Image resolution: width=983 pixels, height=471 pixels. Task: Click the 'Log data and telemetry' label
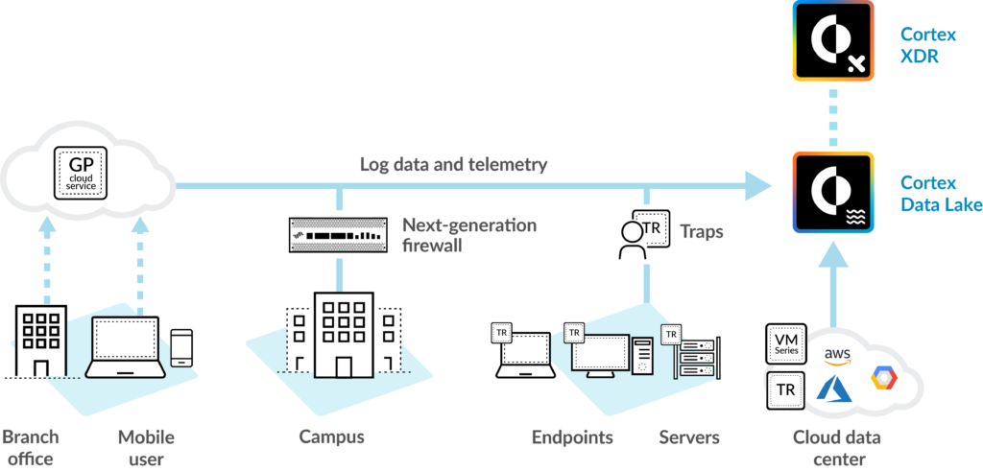point(453,164)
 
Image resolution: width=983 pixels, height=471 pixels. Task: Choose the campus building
point(341,341)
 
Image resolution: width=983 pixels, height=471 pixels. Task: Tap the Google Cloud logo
point(883,378)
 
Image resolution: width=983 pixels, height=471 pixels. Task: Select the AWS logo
point(838,355)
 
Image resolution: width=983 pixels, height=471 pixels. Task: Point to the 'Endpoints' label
point(572,437)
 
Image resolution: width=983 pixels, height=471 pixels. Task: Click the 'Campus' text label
point(331,437)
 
